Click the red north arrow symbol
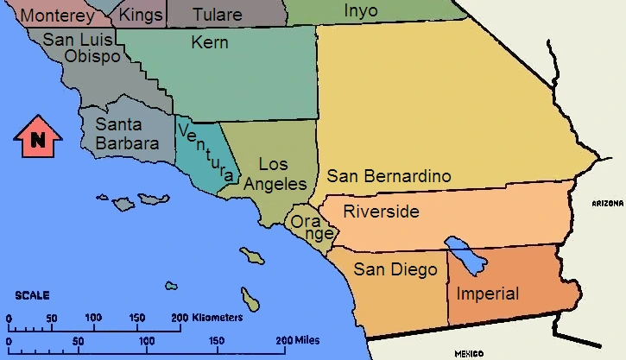(x=37, y=137)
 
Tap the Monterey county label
(x=57, y=16)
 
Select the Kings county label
(x=140, y=16)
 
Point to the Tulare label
(x=218, y=16)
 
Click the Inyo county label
(x=361, y=10)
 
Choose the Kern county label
(x=210, y=41)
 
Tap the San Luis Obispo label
(x=82, y=47)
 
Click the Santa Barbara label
(x=127, y=134)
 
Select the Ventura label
(x=206, y=150)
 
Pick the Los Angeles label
(x=275, y=174)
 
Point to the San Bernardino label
(x=389, y=176)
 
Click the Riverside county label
(x=381, y=212)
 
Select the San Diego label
(x=395, y=269)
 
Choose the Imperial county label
(x=488, y=294)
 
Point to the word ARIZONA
(x=608, y=203)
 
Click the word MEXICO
(x=470, y=353)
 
